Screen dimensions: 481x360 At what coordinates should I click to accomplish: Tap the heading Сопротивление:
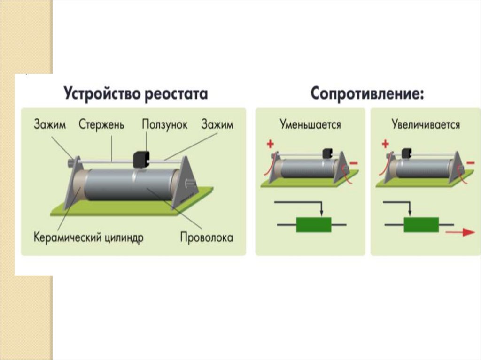[x=367, y=93]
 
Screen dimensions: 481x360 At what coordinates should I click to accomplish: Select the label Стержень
[x=101, y=125]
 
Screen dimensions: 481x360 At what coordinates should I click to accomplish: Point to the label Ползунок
[x=164, y=125]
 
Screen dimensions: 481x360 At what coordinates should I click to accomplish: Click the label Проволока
[x=207, y=237]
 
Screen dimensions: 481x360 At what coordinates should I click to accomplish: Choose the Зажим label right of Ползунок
[x=217, y=125]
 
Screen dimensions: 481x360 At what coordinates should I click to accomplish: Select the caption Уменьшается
[x=310, y=125]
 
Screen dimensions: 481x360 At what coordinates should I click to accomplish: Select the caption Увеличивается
[x=426, y=125]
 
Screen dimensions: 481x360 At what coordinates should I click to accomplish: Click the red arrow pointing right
[x=460, y=232]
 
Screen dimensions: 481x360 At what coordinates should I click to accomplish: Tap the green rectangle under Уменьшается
[x=313, y=225]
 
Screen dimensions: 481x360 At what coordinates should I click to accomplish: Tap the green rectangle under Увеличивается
[x=421, y=225]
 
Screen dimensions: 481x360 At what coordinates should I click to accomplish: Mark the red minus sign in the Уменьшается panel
[x=353, y=163]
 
